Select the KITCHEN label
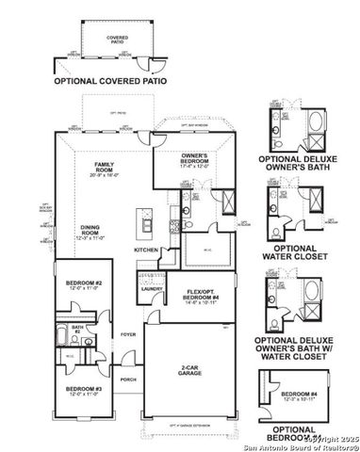coord(146,250)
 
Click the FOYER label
coord(127,333)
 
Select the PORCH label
coord(128,379)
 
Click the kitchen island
coord(146,223)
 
